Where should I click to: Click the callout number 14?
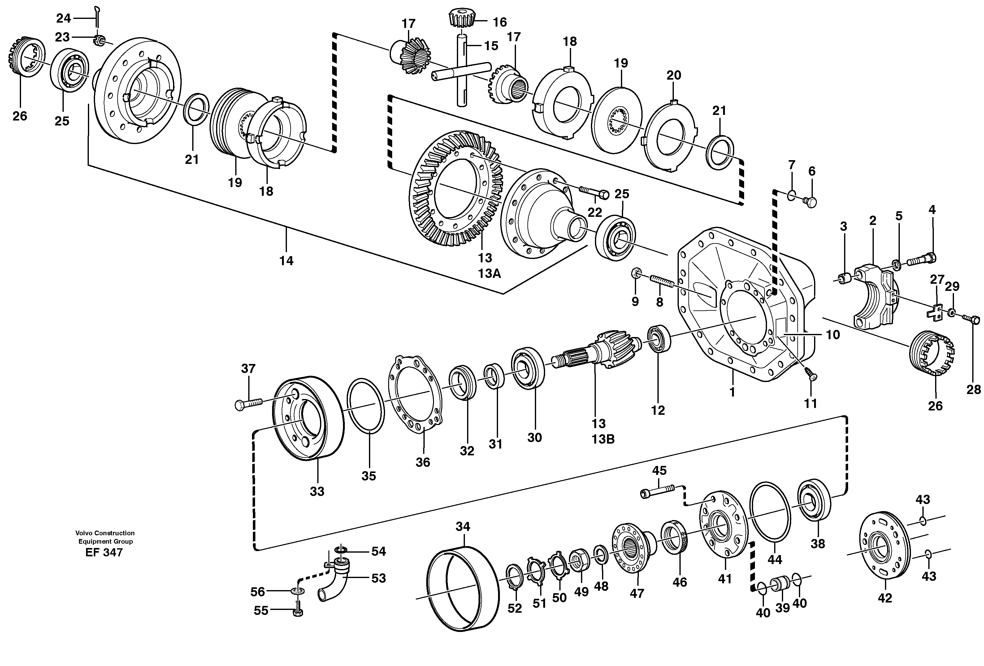point(286,261)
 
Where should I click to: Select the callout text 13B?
point(603,439)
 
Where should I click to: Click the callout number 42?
point(885,598)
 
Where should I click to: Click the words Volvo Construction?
point(105,533)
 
